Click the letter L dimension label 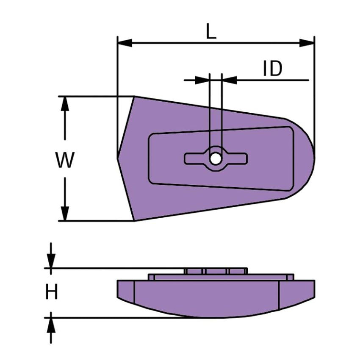coord(211,31)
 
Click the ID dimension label coord(272,69)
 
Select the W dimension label coord(64,160)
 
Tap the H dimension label coord(51,292)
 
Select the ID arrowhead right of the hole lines coord(229,80)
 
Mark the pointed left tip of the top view coord(118,158)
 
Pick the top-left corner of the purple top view coord(135,97)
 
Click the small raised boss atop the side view coord(216,271)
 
